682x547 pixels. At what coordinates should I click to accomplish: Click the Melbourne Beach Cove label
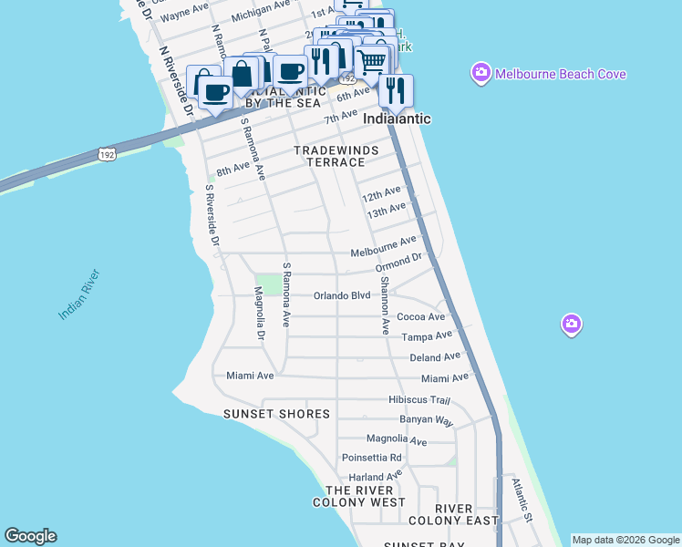(560, 73)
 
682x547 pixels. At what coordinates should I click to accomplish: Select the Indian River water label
(79, 294)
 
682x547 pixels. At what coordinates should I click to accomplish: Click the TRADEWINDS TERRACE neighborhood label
(329, 155)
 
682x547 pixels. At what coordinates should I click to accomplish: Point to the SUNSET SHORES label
(276, 414)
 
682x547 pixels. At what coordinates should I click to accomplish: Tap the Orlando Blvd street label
(342, 295)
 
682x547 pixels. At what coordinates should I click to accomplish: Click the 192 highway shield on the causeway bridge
(107, 153)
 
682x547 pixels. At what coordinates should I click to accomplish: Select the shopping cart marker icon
(371, 62)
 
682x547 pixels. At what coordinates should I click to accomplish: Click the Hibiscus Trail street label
(419, 399)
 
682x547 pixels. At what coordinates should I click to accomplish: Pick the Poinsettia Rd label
(371, 458)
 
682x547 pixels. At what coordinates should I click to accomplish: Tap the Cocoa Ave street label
(427, 317)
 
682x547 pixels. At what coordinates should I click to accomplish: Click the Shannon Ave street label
(385, 305)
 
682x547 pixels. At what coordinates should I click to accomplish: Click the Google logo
(30, 536)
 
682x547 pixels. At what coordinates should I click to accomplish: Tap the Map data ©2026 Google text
(625, 540)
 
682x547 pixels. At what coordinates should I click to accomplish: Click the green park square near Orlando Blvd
(268, 284)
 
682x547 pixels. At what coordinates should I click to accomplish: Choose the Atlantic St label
(521, 501)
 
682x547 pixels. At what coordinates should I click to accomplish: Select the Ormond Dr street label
(398, 263)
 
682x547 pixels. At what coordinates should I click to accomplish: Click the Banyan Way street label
(426, 420)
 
